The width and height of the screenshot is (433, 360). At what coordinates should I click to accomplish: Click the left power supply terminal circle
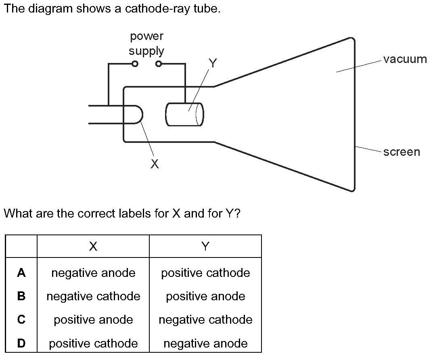point(135,64)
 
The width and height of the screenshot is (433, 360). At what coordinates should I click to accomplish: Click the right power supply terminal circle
point(159,64)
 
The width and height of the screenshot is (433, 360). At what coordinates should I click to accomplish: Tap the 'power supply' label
point(146,44)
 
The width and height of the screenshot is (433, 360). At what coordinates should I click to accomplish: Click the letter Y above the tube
point(213,63)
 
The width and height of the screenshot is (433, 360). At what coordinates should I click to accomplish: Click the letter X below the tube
point(155,164)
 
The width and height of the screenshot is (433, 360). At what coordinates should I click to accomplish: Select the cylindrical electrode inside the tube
point(184,114)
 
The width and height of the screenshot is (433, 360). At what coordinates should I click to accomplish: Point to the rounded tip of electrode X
point(143,114)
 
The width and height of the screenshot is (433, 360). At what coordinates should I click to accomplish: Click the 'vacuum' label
point(405,59)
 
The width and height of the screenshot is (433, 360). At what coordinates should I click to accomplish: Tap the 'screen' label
point(402,152)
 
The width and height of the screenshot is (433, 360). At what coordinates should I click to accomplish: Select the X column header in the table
point(93,246)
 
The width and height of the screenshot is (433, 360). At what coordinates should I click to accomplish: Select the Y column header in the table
point(205,246)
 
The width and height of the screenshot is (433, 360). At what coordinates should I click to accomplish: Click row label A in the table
point(21,273)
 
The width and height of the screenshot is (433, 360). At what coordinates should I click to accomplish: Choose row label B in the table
point(21,296)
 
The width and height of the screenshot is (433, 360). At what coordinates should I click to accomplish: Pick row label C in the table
point(21,320)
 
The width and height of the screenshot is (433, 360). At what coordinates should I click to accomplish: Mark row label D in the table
point(21,343)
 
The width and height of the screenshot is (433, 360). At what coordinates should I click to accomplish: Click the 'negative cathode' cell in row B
point(93,296)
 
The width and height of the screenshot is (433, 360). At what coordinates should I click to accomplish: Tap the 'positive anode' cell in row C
point(93,320)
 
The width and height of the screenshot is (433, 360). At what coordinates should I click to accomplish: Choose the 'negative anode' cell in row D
point(205,343)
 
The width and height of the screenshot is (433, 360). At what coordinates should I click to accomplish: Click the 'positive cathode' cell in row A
point(205,273)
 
